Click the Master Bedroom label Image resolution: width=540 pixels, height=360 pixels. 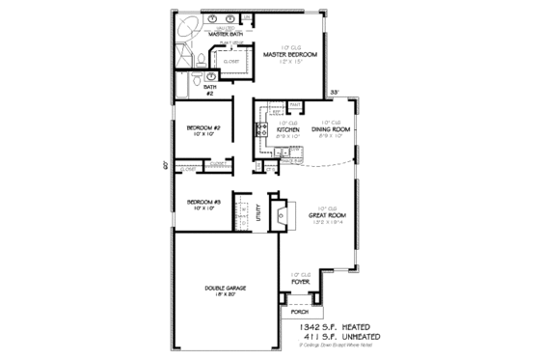pyautogui.click(x=284, y=55)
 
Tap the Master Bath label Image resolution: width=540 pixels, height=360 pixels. pyautogui.click(x=210, y=34)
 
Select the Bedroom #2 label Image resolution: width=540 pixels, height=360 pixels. pyautogui.click(x=204, y=128)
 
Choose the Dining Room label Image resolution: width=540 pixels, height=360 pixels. pyautogui.click(x=330, y=129)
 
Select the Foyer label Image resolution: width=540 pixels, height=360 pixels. pyautogui.click(x=301, y=281)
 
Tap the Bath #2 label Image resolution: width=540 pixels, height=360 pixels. pyautogui.click(x=209, y=89)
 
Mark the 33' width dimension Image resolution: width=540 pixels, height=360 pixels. pyautogui.click(x=335, y=92)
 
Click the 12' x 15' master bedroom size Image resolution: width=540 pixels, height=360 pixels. pyautogui.click(x=284, y=62)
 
